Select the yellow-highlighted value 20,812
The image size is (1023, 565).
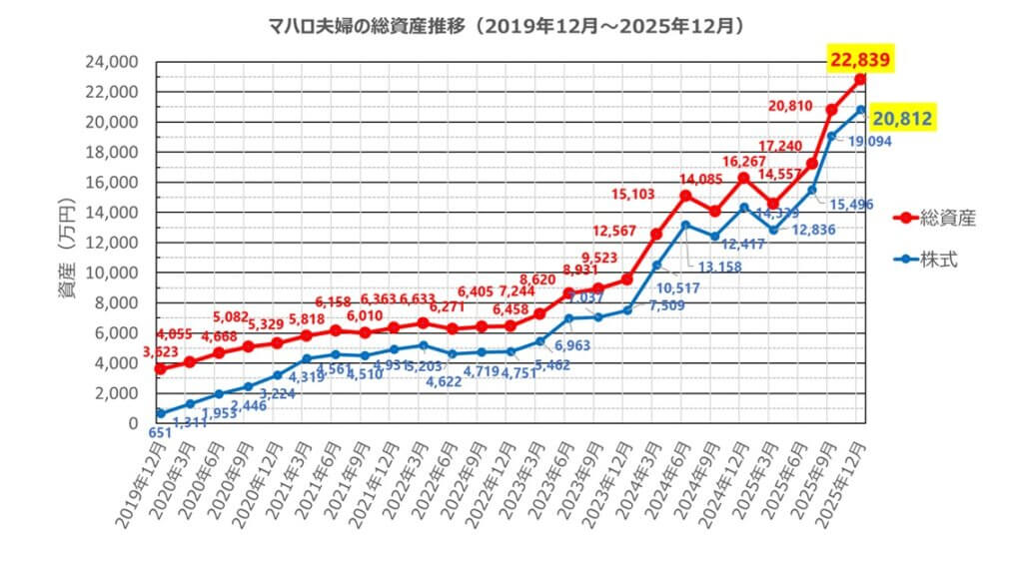902,119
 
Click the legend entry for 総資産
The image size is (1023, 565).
934,218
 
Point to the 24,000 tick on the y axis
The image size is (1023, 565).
111,62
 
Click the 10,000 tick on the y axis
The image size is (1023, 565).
111,273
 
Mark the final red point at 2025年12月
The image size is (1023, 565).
860,79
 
